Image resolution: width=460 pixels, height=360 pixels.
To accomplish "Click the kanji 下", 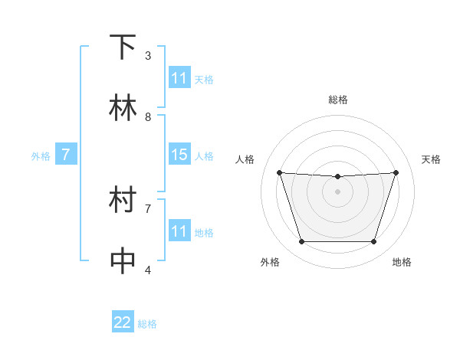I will pos(123,47).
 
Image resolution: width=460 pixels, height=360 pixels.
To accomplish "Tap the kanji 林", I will pos(123,108).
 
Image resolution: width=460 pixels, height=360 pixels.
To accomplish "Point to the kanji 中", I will pos(123,260).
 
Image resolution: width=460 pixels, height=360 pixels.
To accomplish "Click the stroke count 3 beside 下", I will pos(148,56).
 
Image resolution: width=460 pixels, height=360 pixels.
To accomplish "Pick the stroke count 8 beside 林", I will pos(148,116).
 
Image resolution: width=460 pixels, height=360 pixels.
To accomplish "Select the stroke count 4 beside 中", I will pos(148,270).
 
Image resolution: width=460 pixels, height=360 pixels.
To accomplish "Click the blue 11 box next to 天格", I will pos(179,78).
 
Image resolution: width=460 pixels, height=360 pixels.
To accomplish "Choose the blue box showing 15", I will pos(179,155).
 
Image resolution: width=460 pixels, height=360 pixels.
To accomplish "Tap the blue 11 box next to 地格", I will pos(179,231).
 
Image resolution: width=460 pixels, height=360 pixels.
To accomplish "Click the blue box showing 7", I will pos(66,155).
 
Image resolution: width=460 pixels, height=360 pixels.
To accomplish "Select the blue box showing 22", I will pos(123,322).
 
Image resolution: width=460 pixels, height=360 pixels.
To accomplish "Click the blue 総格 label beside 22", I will pos(147,324).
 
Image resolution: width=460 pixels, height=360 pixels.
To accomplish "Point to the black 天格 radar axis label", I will pos(431,159).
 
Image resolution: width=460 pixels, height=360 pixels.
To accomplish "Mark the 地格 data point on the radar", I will pos(373,241).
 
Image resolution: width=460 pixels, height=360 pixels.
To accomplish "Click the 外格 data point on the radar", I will pos(301,241).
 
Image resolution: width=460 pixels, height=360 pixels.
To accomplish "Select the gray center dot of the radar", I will pos(337,191).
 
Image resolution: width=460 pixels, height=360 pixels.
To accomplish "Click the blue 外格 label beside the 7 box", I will pos(41,156).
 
